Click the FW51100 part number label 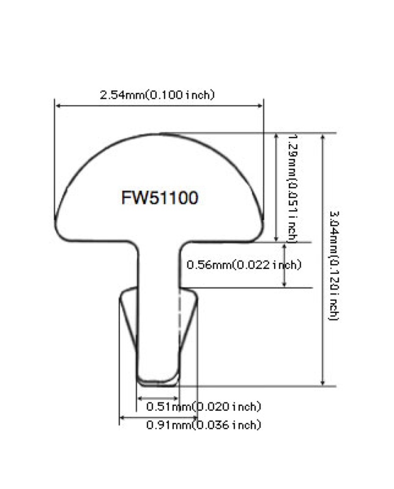pyautogui.click(x=159, y=198)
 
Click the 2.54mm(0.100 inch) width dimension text pyautogui.click(x=157, y=95)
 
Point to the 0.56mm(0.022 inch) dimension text pyautogui.click(x=243, y=265)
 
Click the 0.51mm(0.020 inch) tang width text pyautogui.click(x=203, y=406)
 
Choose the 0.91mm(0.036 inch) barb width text pyautogui.click(x=203, y=425)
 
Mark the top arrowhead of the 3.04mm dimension pyautogui.click(x=322, y=136)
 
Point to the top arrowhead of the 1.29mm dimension pyautogui.click(x=277, y=136)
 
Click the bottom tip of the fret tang pyautogui.click(x=158, y=380)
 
